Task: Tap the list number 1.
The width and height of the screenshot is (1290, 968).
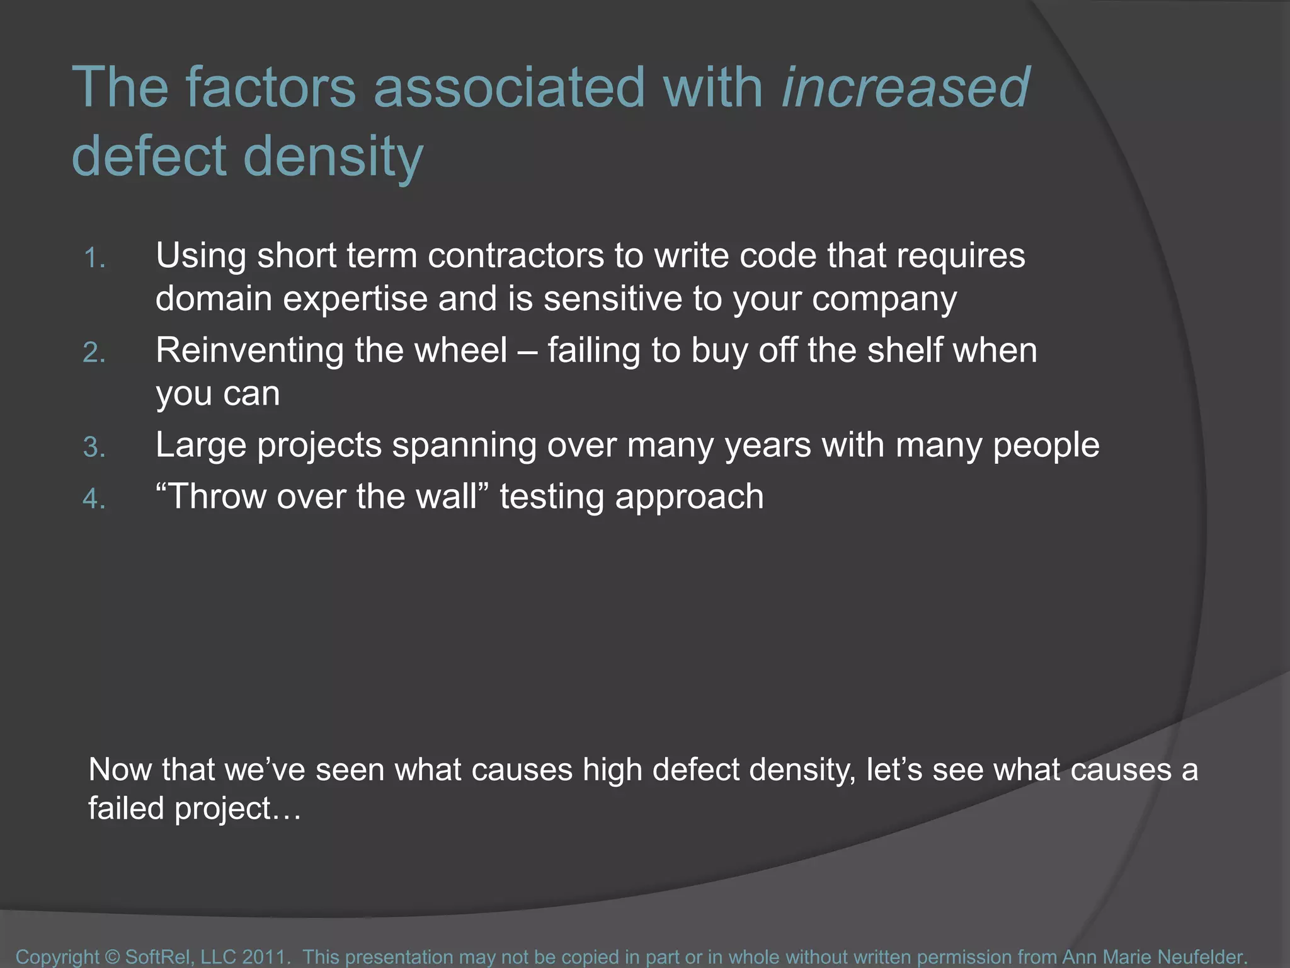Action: pyautogui.click(x=94, y=258)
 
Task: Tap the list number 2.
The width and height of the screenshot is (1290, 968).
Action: pyautogui.click(x=94, y=353)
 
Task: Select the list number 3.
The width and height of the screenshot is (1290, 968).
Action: pyautogui.click(x=94, y=447)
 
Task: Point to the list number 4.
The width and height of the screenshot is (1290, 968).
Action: pyautogui.click(x=94, y=499)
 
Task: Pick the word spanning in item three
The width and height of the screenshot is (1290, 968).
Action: pyautogui.click(x=464, y=446)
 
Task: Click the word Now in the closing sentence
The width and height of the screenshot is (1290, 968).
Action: pyautogui.click(x=120, y=770)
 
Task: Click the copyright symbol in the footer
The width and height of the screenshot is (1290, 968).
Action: pyautogui.click(x=112, y=957)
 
